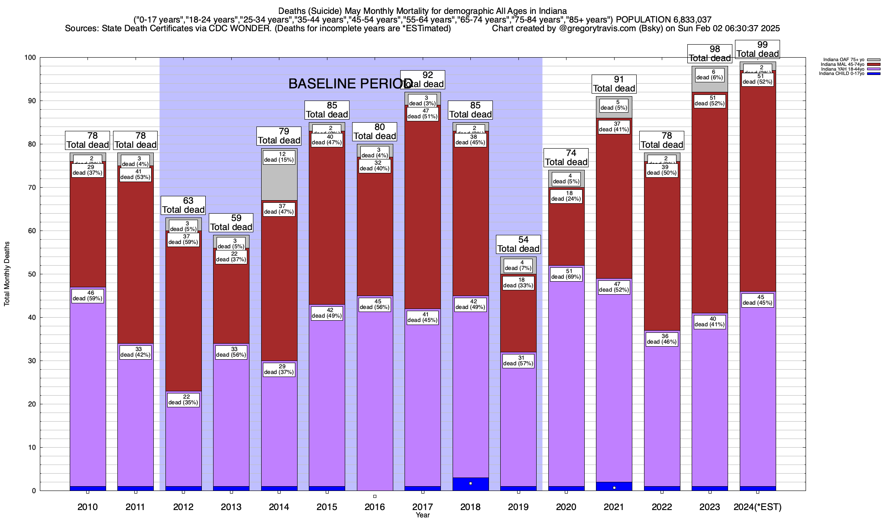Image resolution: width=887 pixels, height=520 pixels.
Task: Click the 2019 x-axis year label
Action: (518, 507)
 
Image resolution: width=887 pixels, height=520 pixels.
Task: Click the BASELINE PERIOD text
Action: (350, 84)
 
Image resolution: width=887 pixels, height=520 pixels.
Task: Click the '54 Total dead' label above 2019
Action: (518, 244)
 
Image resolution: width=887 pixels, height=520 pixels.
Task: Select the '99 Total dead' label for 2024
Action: (758, 49)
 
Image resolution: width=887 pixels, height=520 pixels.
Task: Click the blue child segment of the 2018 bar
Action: (471, 484)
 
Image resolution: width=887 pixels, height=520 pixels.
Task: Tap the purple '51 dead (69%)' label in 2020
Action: (566, 274)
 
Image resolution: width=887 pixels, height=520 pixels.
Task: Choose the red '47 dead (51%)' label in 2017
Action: (423, 114)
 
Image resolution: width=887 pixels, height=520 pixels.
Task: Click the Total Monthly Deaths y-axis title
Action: (7, 274)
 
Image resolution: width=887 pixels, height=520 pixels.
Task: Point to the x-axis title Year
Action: (423, 515)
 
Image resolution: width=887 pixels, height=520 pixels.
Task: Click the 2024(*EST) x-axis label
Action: (758, 507)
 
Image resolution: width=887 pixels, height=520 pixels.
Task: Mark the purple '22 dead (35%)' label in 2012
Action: (183, 400)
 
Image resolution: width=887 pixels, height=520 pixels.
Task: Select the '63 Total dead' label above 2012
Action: (183, 205)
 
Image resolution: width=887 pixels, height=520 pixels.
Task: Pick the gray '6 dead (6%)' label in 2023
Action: (709, 75)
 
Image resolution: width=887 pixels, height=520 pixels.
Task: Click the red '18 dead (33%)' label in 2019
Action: (518, 283)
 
